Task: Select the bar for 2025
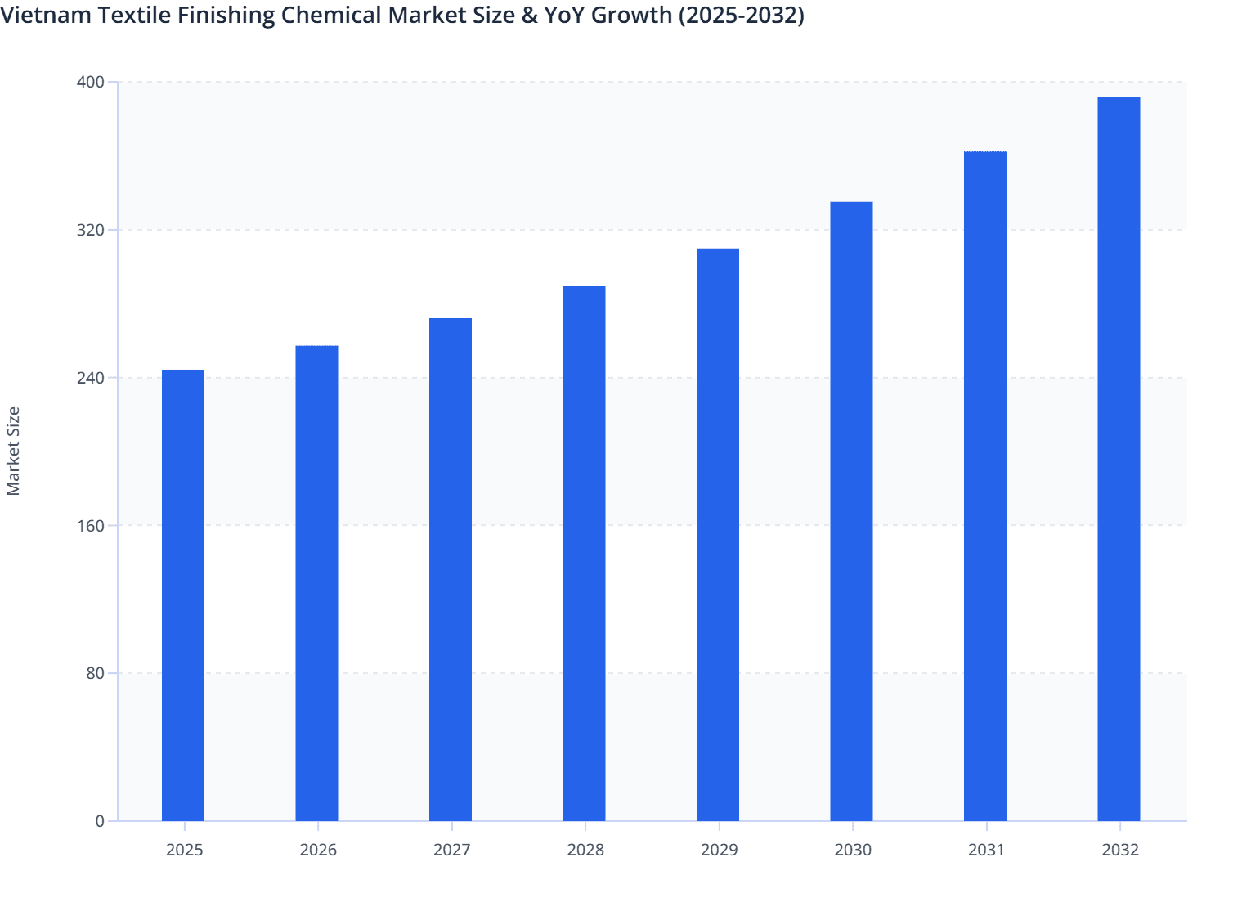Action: [x=183, y=595]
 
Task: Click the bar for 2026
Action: [x=316, y=583]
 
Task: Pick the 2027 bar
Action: [x=451, y=569]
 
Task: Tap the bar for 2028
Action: [x=584, y=554]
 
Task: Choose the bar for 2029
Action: [x=718, y=535]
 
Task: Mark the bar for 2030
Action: [x=851, y=511]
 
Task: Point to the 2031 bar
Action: [x=985, y=486]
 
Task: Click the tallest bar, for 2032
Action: [x=1119, y=459]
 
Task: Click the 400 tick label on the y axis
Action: [x=91, y=82]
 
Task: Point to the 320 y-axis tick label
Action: [x=91, y=230]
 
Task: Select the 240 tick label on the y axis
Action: [x=91, y=378]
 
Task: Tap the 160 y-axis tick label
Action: [x=91, y=526]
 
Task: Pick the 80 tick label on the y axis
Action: [x=95, y=673]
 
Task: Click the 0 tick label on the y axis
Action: [x=100, y=821]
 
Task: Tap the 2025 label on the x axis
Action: [x=184, y=850]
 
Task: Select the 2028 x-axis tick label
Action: [x=585, y=850]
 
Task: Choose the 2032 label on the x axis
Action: [x=1120, y=850]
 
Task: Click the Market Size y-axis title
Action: [x=13, y=451]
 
